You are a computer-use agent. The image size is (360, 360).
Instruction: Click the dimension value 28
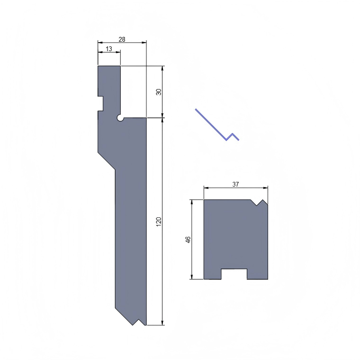(x=122, y=40)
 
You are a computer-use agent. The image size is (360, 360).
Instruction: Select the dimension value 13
(x=109, y=49)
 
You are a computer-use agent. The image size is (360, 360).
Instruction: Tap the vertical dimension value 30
(x=159, y=91)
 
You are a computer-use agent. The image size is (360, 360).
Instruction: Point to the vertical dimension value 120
(x=159, y=221)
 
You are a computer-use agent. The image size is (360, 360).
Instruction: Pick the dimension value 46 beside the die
(x=188, y=239)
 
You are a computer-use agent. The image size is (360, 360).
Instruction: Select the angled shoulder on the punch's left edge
(x=107, y=161)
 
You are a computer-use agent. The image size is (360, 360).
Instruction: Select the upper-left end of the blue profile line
(x=196, y=109)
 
